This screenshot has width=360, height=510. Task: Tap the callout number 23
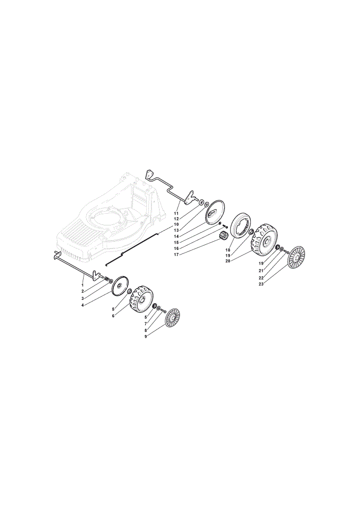click(261, 284)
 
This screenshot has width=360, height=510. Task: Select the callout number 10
click(176, 224)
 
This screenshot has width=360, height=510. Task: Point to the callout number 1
click(82, 285)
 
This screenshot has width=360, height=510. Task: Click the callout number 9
click(146, 337)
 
